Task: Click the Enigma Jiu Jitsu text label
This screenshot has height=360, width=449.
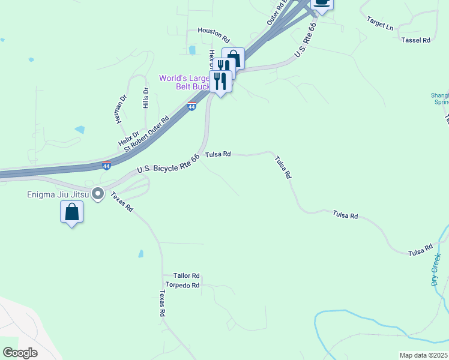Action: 57,194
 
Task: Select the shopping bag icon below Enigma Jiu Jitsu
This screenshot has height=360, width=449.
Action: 71,212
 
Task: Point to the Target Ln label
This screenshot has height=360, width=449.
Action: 380,23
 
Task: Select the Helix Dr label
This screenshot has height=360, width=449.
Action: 128,139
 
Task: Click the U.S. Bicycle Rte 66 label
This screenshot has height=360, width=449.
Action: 168,164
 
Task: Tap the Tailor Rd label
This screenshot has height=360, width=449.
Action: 185,275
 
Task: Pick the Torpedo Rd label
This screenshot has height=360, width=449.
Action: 182,286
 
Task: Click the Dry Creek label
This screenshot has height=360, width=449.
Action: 436,269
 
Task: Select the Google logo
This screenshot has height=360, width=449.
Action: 20,353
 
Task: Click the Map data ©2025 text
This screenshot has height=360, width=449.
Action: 423,355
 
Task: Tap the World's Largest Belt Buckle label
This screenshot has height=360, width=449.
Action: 184,82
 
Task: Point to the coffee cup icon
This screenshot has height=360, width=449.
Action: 322,3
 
